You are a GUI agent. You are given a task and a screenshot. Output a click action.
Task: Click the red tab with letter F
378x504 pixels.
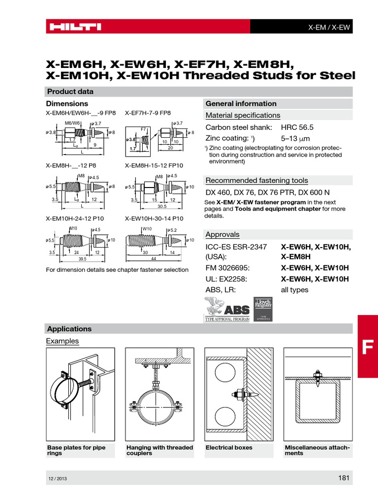pos(368,347)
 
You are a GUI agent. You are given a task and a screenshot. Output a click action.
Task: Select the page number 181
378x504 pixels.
pos(344,477)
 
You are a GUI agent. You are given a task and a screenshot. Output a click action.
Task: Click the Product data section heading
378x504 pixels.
pos(69,92)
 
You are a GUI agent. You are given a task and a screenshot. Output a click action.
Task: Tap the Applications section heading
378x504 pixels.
pos(69,329)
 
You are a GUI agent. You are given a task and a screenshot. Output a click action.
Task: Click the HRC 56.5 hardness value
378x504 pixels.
pos(297,127)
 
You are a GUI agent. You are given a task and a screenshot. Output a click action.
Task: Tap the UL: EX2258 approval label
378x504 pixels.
pos(226,279)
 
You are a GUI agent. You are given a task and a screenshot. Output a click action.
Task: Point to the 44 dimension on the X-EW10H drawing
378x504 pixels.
pos(153,258)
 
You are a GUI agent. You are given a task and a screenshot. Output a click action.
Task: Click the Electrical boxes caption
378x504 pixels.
pos(229,447)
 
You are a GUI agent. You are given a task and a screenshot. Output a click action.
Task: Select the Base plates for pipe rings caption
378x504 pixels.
pos(76,450)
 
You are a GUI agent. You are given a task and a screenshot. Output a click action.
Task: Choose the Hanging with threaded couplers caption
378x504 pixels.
pos(159,450)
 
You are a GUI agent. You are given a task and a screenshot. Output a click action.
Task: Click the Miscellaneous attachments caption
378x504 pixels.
pos(317,450)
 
